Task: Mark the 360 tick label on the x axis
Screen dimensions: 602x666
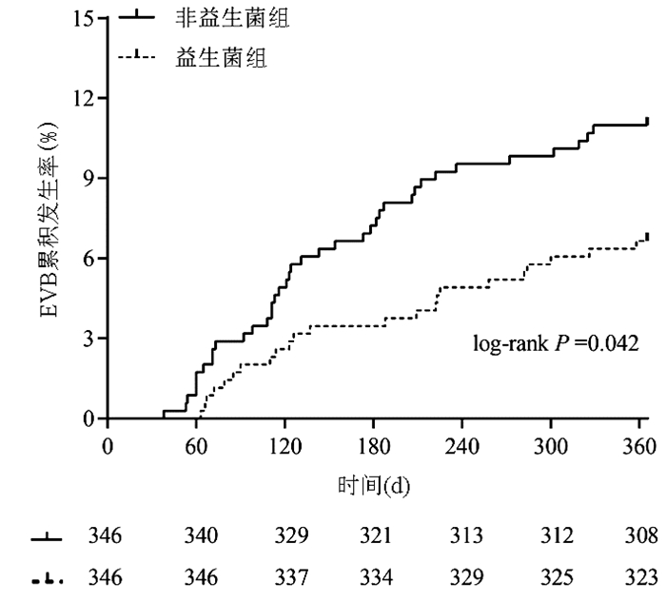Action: pyautogui.click(x=639, y=447)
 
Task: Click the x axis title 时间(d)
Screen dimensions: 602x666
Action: pyautogui.click(x=373, y=486)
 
